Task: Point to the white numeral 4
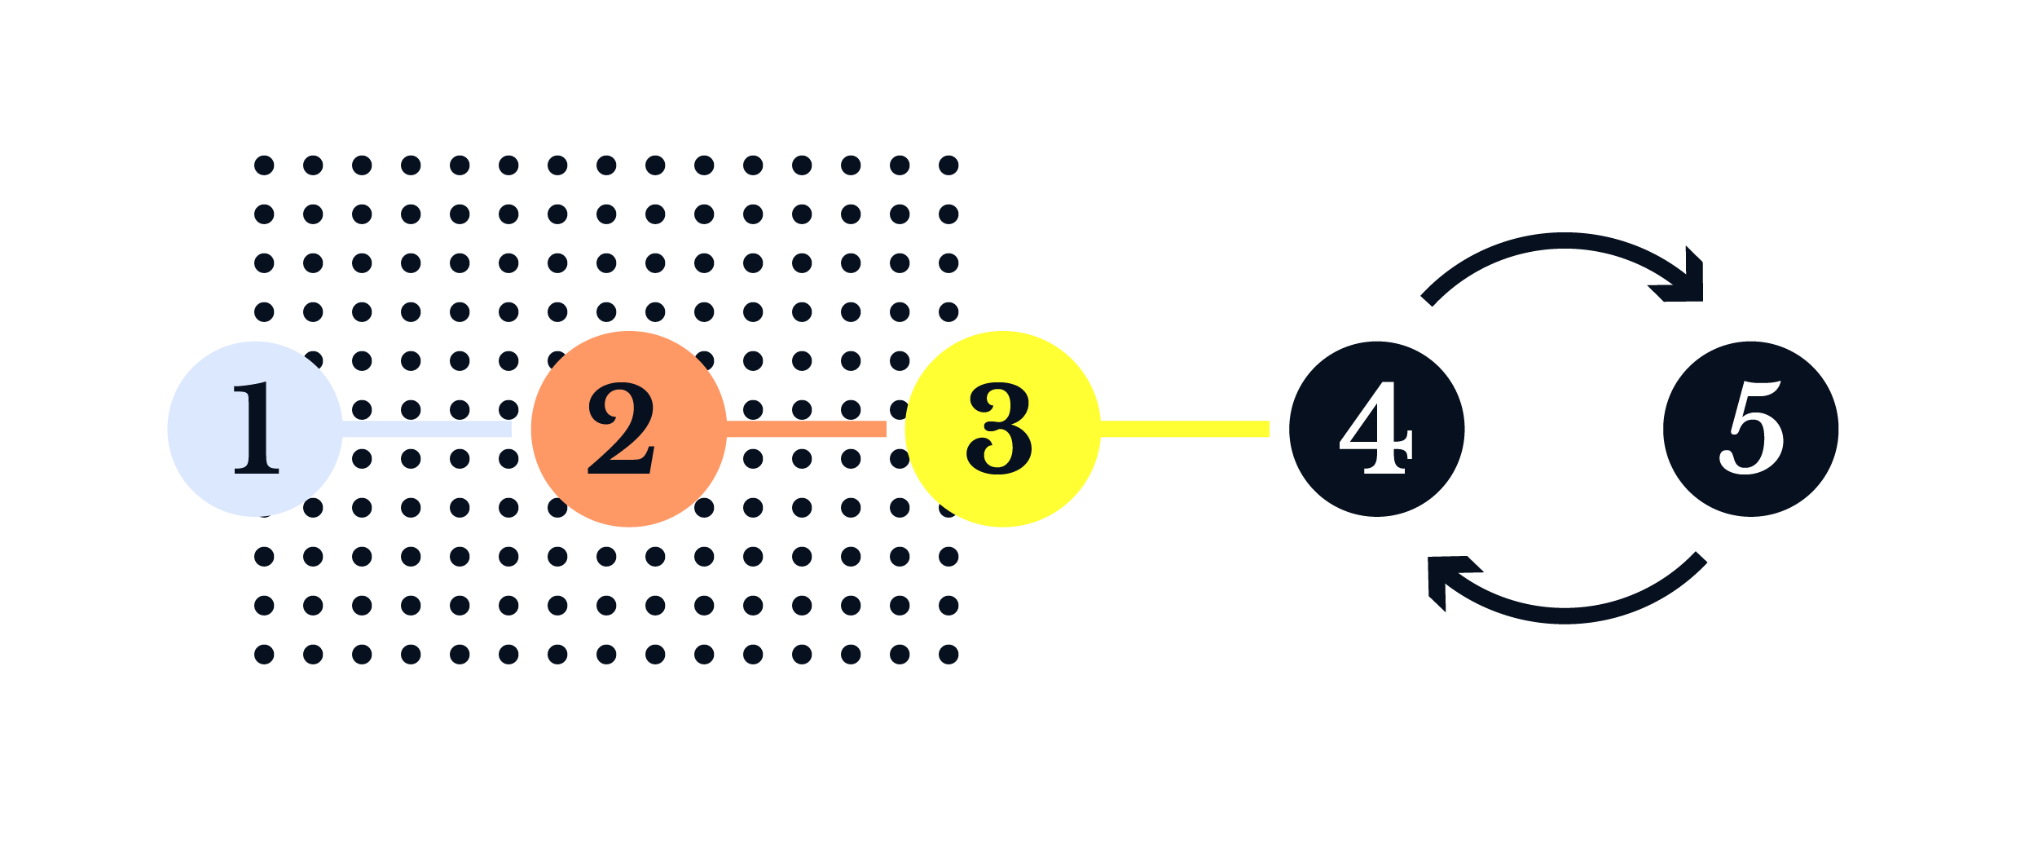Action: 1375,429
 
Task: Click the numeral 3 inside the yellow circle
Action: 999,429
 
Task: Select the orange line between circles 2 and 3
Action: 806,429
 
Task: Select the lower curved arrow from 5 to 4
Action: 1565,616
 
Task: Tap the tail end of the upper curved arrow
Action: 1428,299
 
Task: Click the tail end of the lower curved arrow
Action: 1701,558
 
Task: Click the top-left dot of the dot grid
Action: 264,165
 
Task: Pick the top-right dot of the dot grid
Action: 948,165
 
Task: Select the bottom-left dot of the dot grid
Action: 264,654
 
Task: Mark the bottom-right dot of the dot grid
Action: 948,654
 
